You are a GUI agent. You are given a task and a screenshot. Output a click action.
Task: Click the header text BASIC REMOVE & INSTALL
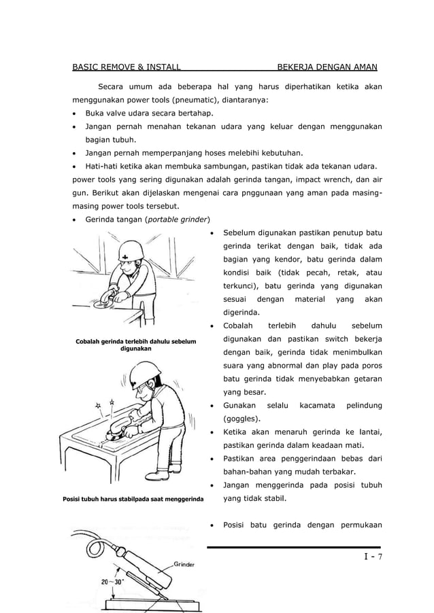126,67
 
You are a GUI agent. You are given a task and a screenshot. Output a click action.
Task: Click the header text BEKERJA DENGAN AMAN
327,67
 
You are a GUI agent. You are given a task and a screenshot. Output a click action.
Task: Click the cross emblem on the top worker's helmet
126,256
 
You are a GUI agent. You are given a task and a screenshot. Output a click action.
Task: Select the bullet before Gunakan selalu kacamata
214,406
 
